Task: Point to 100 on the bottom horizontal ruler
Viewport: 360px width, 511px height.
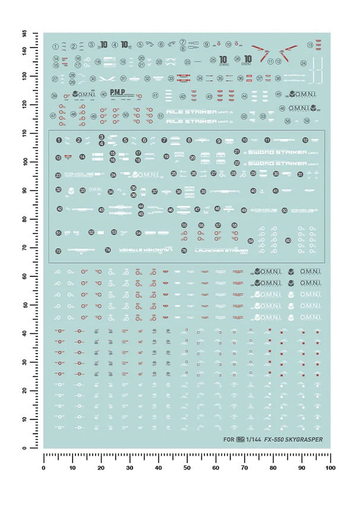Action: [330, 469]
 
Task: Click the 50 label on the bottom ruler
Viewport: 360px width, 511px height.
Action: [187, 469]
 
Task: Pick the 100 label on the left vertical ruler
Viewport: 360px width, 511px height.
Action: [24, 161]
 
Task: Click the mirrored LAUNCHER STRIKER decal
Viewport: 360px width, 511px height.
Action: [141, 251]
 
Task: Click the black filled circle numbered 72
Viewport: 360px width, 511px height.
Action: [58, 251]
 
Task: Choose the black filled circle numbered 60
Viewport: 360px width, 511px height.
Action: [288, 241]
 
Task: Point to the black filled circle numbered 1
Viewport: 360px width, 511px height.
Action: [59, 140]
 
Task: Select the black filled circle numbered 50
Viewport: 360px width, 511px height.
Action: [285, 210]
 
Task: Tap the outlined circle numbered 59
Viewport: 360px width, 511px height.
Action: [307, 121]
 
